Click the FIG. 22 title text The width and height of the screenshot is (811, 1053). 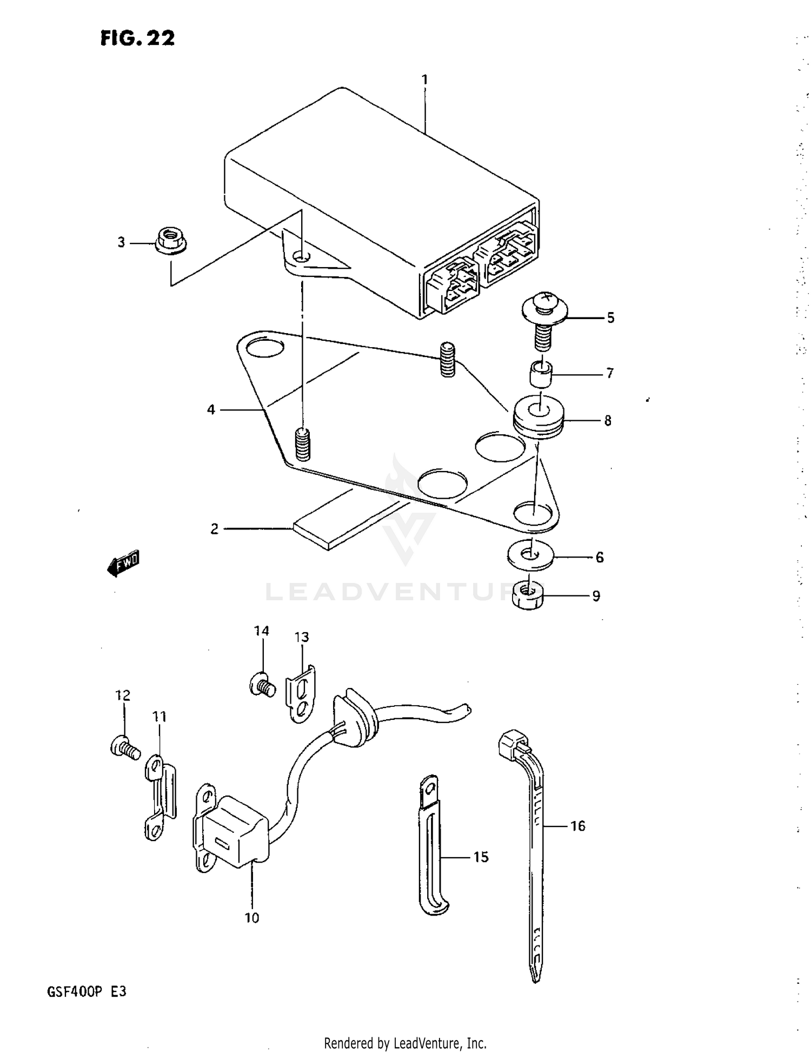point(137,38)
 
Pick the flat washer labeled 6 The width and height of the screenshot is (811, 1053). point(530,555)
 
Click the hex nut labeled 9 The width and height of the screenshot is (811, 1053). point(528,595)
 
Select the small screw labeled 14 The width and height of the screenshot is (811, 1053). point(262,686)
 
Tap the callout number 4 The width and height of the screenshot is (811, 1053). point(211,410)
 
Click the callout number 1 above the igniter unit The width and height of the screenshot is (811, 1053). point(425,80)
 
